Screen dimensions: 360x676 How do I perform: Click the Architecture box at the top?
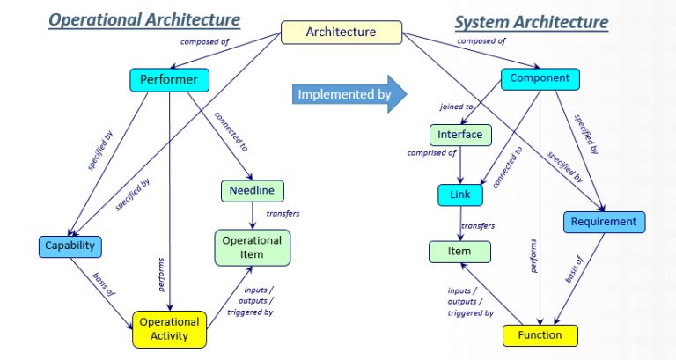[341, 32]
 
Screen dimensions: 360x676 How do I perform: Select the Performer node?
[169, 81]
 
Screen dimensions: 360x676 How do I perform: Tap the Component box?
[540, 78]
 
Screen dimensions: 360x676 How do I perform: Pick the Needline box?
[252, 190]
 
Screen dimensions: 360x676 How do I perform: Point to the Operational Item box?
[252, 247]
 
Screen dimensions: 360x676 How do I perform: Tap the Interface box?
[460, 135]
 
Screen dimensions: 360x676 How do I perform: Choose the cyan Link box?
[460, 195]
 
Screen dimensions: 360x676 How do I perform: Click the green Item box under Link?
[459, 252]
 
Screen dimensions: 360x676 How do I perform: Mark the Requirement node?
[603, 222]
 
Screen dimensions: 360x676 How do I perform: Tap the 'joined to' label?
[457, 107]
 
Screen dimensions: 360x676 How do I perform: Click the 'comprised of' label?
[431, 152]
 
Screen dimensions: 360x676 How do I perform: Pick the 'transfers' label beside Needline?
[283, 214]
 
